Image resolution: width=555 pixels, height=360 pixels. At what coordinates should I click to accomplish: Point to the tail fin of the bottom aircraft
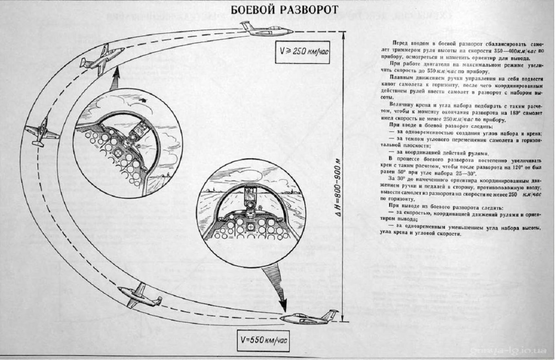point(329,314)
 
